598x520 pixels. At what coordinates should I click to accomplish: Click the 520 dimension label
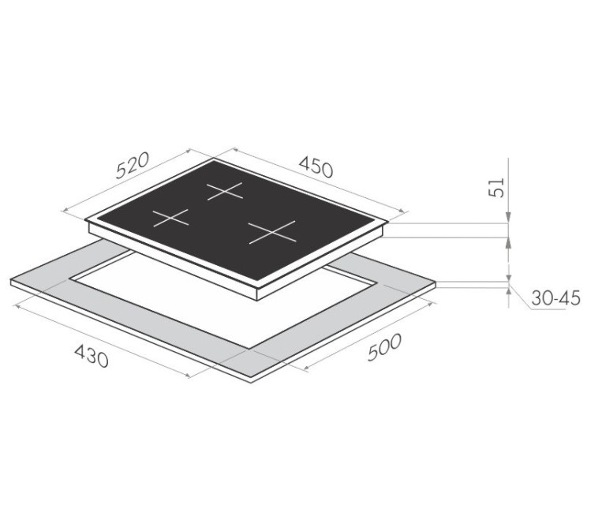(x=133, y=166)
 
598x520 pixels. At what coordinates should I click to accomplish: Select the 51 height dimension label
(x=496, y=188)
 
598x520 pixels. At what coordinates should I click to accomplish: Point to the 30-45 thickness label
(x=555, y=298)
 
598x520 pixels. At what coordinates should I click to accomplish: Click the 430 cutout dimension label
(x=92, y=356)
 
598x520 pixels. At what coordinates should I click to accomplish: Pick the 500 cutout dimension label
(x=385, y=347)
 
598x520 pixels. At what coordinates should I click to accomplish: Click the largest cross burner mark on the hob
(x=272, y=232)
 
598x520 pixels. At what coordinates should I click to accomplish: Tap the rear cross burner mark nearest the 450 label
(x=225, y=191)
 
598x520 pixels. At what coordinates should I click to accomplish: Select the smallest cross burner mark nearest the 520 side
(x=171, y=218)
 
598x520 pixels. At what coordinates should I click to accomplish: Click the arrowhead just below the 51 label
(x=508, y=218)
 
